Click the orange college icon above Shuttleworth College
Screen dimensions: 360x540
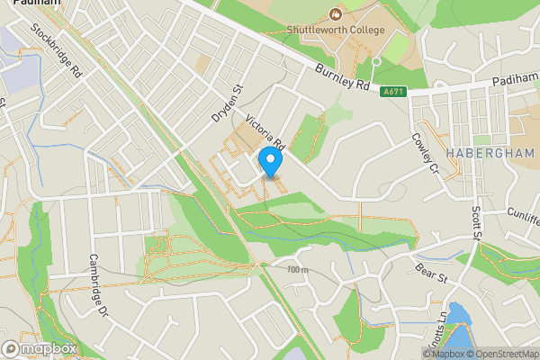pyautogui.click(x=336, y=13)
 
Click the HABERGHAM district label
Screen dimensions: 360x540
pyautogui.click(x=490, y=153)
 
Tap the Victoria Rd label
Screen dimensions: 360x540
pyautogui.click(x=265, y=130)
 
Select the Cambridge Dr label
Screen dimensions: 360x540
pyautogui.click(x=98, y=286)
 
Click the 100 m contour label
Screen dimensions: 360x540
pyautogui.click(x=298, y=269)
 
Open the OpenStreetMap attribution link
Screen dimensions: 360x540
pyautogui.click(x=505, y=354)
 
